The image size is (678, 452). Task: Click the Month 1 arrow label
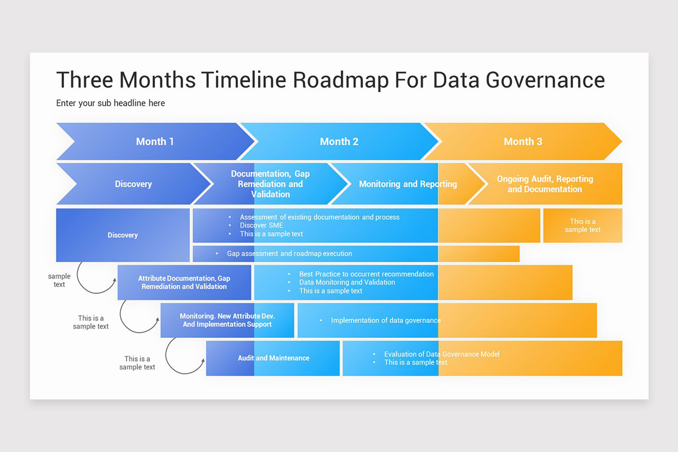155,141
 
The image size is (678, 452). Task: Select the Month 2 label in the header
339,141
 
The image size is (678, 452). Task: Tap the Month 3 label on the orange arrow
523,141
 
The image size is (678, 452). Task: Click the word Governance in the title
545,80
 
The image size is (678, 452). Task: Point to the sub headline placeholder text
111,103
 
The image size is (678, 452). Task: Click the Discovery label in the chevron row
133,184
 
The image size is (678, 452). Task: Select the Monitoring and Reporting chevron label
408,184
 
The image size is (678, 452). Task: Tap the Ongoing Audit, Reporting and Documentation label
545,184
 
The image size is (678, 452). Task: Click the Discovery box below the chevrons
123,235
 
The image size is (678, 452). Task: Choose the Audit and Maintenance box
273,358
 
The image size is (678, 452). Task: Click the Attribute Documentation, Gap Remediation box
184,282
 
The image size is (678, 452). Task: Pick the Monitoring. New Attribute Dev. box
227,320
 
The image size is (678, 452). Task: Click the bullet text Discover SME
261,225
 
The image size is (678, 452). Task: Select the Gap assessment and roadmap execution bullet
289,254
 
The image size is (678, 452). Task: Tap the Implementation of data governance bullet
385,320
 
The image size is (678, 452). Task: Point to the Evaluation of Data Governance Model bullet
441,354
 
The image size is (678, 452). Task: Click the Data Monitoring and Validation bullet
347,282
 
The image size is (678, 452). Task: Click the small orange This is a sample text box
583,225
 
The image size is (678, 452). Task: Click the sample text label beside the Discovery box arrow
59,280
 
